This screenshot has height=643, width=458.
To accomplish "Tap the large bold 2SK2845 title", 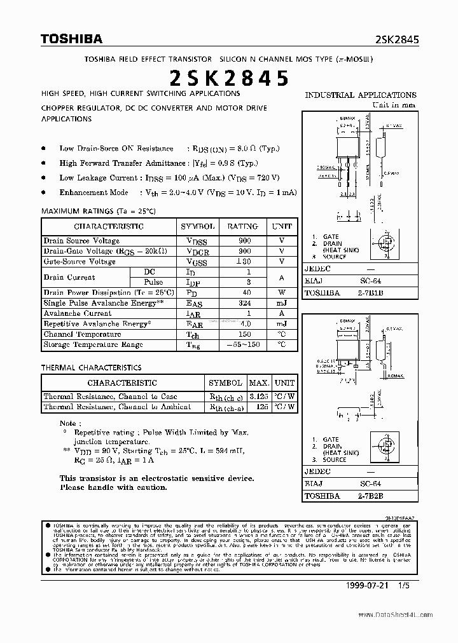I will (229, 78).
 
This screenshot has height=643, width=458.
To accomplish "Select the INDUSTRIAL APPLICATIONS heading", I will (361, 95).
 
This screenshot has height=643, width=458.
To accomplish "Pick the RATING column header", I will (242, 226).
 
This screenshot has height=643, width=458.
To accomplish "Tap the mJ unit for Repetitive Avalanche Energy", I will (282, 323).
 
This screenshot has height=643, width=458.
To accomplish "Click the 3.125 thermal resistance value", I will (258, 396).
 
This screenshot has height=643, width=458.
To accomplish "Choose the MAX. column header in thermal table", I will (259, 383).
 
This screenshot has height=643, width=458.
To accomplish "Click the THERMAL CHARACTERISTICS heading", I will (91, 368).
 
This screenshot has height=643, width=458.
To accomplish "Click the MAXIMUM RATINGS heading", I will (98, 211).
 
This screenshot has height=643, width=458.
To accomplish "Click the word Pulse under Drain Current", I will (153, 282).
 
